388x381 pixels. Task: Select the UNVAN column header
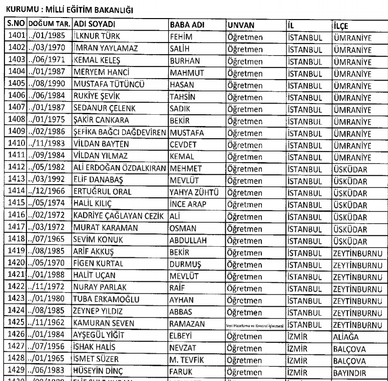241,24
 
